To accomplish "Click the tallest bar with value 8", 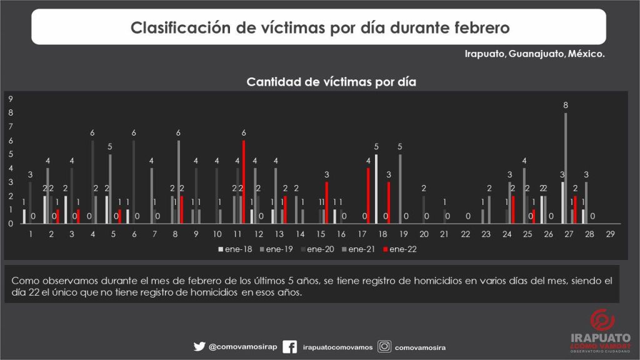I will [566, 167].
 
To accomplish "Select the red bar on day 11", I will [244, 182].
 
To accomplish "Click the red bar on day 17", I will [368, 196].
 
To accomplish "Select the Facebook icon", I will [290, 347].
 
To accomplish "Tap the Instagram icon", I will [385, 347].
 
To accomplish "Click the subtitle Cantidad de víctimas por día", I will [331, 82].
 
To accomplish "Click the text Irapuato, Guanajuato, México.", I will [534, 54].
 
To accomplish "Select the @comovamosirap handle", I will [240, 347].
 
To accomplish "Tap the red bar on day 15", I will [326, 202].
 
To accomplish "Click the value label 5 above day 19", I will [400, 147].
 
